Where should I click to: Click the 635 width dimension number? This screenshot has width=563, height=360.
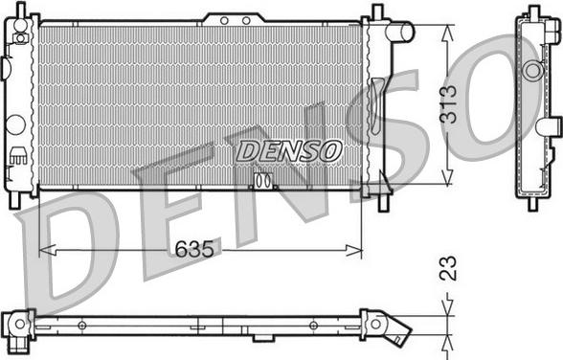click(193, 249)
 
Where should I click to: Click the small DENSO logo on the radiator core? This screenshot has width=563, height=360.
click(287, 150)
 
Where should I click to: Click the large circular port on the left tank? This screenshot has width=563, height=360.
click(15, 124)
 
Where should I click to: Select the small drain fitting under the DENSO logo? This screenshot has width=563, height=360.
click(263, 179)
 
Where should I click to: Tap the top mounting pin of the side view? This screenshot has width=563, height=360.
click(532, 11)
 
